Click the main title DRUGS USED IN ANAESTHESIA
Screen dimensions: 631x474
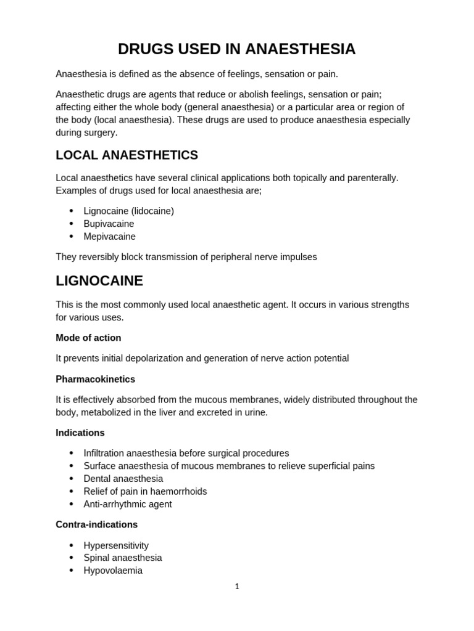coord(236,49)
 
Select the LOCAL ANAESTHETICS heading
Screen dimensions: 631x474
coord(127,155)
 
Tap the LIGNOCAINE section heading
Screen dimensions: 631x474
coord(99,281)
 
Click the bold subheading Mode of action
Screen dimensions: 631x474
coord(88,338)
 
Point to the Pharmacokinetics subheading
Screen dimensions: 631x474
coord(95,379)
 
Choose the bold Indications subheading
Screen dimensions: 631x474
coord(80,433)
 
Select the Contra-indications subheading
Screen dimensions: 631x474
coord(96,524)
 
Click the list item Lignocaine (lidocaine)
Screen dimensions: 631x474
coord(128,211)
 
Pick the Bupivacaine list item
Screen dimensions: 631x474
coord(109,224)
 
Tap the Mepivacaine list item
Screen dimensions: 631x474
coord(109,237)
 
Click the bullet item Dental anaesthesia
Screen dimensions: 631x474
coord(123,479)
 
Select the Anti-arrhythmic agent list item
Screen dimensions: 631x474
coord(128,504)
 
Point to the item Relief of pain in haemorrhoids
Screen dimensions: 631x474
coord(145,491)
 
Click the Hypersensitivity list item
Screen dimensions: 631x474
coord(116,545)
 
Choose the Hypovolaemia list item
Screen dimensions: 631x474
coord(113,571)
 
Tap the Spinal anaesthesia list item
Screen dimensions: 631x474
coord(123,558)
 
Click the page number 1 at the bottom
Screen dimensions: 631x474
coord(237,587)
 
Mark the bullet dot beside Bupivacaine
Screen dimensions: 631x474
coord(72,224)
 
